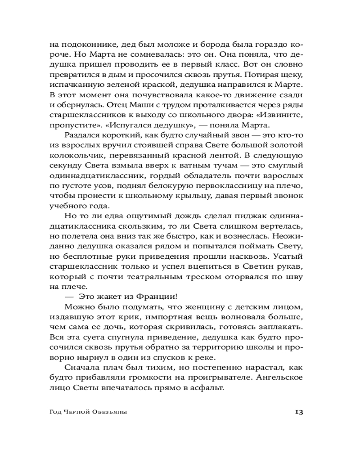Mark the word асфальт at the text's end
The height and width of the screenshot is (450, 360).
tap(206, 387)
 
